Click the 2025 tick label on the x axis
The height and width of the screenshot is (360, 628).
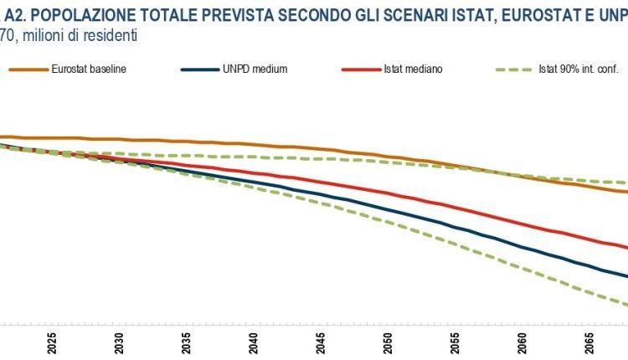[x=52, y=343]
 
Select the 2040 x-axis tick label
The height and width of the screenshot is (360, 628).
[x=253, y=343]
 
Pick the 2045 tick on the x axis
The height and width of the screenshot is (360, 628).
[x=321, y=343]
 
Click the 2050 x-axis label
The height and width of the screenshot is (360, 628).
[x=388, y=343]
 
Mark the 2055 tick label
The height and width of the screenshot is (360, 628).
[x=455, y=343]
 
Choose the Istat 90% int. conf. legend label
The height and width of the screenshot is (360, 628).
[x=577, y=69]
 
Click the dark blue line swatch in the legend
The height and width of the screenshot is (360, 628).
[x=199, y=69]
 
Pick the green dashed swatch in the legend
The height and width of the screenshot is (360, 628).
[x=510, y=69]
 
